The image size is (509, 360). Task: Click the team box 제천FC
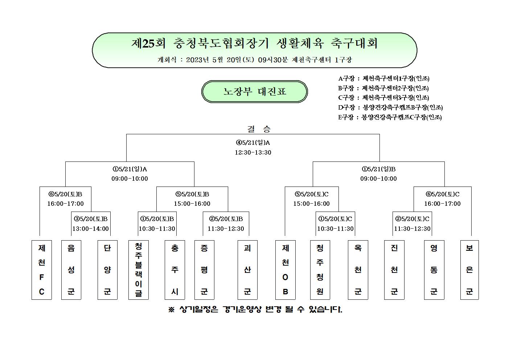click(42, 270)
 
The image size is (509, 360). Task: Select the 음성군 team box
click(71, 270)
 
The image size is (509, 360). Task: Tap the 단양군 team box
click(107, 270)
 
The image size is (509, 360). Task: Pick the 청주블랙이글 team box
click(138, 270)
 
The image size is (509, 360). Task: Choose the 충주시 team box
click(175, 270)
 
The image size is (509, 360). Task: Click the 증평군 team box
click(204, 270)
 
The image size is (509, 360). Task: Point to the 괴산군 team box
click(247, 270)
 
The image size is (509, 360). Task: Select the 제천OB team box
click(286, 270)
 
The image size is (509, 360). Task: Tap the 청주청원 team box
click(320, 270)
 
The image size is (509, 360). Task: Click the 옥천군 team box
click(358, 270)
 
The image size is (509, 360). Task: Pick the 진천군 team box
click(394, 270)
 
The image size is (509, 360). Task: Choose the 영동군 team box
click(434, 270)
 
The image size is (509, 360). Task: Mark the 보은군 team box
click(469, 270)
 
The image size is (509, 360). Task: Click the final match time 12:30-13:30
click(253, 152)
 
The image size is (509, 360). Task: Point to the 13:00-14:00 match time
click(90, 228)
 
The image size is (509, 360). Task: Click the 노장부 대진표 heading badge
click(255, 91)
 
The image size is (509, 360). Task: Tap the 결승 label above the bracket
click(259, 129)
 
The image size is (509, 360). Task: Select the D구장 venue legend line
click(390, 107)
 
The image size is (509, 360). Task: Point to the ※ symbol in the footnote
click(171, 309)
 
